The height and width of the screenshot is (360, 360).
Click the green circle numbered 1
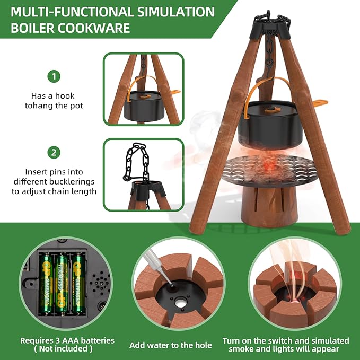53,76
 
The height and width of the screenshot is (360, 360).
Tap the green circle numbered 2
53,153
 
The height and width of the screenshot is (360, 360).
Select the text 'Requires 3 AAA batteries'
67,340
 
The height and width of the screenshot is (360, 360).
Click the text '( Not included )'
63,349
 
